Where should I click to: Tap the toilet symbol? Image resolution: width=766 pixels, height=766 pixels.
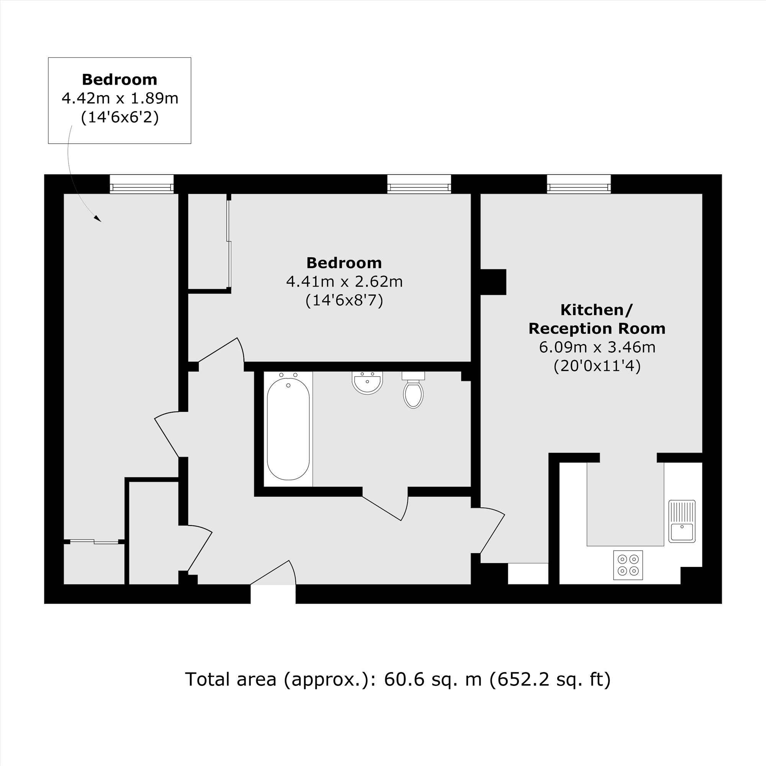[413, 391]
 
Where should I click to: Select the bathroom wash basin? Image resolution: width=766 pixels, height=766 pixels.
[367, 383]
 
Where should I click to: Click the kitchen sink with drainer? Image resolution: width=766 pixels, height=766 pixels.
[682, 521]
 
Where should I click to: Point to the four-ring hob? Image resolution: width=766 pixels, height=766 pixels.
[628, 565]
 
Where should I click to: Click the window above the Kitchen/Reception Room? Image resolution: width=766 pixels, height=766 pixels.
[578, 184]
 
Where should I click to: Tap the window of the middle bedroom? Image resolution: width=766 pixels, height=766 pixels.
[419, 184]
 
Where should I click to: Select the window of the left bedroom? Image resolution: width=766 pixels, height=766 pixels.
[142, 184]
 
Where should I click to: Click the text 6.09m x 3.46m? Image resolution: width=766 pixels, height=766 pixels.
[597, 347]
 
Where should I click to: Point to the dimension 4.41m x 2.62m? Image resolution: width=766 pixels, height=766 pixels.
[344, 282]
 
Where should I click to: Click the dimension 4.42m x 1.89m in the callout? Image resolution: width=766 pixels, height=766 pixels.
[120, 98]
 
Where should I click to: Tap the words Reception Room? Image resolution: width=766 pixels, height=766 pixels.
[597, 329]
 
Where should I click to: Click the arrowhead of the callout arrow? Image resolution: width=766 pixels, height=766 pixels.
[98, 218]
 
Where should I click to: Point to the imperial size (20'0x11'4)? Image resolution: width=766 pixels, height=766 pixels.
[597, 365]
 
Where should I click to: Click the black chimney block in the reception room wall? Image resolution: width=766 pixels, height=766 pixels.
[493, 282]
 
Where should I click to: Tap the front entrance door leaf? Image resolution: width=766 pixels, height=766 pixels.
[270, 573]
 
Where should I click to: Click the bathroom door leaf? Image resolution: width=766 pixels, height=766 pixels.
[381, 508]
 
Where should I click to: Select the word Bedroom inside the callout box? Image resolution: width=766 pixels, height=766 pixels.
[120, 80]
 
